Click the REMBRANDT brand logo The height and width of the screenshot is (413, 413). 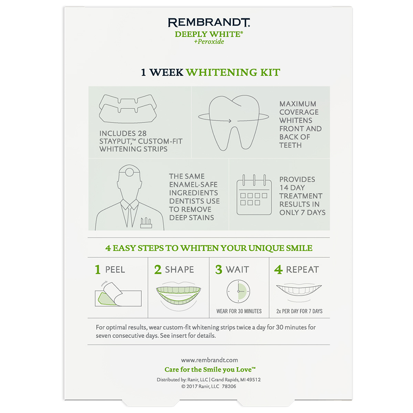[x=209, y=23]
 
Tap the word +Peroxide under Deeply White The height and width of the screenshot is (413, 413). [x=209, y=42]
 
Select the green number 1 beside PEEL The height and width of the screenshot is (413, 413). [x=98, y=270]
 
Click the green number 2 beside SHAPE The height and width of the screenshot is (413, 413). [x=158, y=270]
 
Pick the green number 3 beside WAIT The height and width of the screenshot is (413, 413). [x=219, y=270]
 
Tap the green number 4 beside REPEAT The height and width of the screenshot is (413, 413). [x=278, y=270]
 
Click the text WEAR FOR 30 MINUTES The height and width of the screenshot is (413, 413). [x=239, y=311]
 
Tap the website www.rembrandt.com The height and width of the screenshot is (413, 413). [x=209, y=360]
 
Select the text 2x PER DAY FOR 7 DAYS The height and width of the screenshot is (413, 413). [x=299, y=311]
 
